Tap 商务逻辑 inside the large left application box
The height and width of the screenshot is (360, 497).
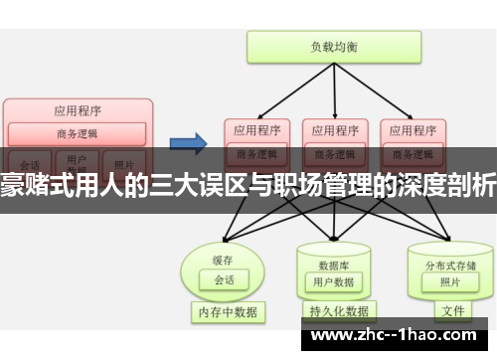pyautogui.click(x=78, y=133)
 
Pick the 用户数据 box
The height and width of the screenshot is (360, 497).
pyautogui.click(x=334, y=255)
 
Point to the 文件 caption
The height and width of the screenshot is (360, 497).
pyautogui.click(x=452, y=311)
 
